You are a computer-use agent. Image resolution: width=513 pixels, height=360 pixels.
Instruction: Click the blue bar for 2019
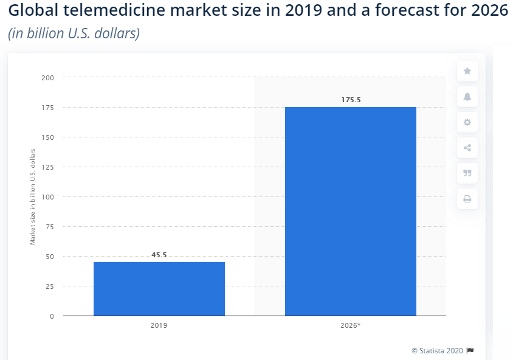point(159,289)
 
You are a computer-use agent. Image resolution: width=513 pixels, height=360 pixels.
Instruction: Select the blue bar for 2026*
point(351,211)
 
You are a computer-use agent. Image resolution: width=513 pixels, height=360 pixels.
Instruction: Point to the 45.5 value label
point(159,255)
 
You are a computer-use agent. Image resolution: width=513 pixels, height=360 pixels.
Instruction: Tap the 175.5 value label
point(351,100)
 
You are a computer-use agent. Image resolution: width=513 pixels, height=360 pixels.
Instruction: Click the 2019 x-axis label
point(159,326)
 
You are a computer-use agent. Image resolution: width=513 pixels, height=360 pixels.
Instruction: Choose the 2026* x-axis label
point(351,326)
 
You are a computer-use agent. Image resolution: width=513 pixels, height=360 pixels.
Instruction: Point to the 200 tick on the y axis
point(48,78)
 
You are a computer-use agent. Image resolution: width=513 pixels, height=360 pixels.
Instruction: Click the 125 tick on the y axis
point(48,167)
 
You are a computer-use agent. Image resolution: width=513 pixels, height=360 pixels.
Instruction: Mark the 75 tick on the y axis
point(49,227)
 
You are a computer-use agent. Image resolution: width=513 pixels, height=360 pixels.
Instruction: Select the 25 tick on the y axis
point(49,286)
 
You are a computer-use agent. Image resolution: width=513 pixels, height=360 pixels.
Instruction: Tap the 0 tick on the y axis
point(52,316)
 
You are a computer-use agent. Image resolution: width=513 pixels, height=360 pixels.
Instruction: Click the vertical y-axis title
point(33,196)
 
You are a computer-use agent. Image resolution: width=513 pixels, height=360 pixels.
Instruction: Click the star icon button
point(467,71)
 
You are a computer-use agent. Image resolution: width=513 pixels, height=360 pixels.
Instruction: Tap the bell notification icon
point(467,97)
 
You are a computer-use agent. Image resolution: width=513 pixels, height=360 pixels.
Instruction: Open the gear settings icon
point(467,122)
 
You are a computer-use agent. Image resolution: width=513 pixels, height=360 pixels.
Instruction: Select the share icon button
point(467,148)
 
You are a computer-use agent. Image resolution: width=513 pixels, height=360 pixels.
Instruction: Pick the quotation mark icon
point(467,173)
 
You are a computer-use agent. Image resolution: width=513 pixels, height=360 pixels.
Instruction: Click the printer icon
point(467,199)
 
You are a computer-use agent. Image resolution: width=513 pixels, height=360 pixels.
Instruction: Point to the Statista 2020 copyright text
point(438,351)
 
